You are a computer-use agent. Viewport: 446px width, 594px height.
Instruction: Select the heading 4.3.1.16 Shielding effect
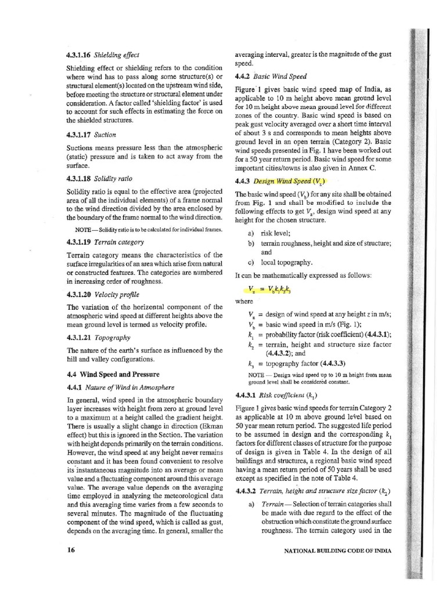102,55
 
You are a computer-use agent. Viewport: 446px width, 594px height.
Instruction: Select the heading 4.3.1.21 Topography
99,337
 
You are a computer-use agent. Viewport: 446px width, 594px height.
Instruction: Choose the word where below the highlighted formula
244,301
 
